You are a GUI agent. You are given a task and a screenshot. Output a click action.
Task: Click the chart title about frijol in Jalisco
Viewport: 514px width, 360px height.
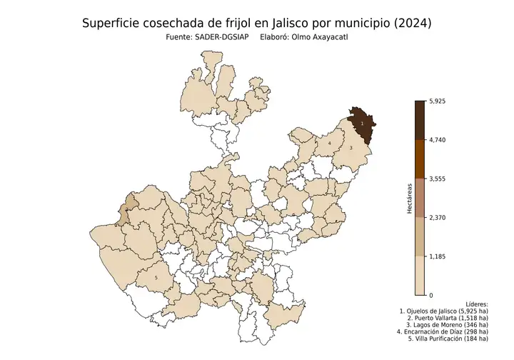pyautogui.click(x=257, y=23)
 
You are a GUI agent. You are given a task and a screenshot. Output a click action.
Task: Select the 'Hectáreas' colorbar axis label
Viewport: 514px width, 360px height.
pyautogui.click(x=409, y=198)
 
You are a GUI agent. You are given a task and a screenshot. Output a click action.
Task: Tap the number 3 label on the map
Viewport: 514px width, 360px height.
pyautogui.click(x=351, y=148)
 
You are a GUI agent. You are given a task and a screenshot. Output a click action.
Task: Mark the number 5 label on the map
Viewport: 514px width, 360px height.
pyautogui.click(x=156, y=277)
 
